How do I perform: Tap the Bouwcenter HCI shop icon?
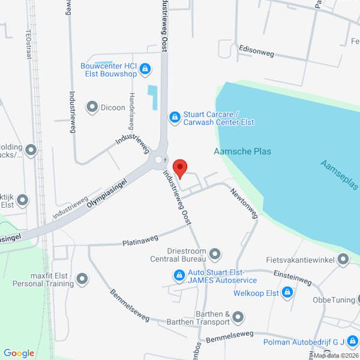click(145, 70)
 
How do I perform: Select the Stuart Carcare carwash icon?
click(175, 117)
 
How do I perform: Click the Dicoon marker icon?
click(92, 107)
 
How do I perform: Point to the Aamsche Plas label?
click(242, 151)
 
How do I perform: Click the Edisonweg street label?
click(256, 52)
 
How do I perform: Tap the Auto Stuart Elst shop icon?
click(179, 275)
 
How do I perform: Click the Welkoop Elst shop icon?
click(287, 292)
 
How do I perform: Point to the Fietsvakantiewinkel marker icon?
click(343, 260)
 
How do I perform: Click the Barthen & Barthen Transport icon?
click(238, 316)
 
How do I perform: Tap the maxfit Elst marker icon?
click(82, 279)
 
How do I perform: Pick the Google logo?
click(19, 353)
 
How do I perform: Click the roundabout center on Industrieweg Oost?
click(159, 160)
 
